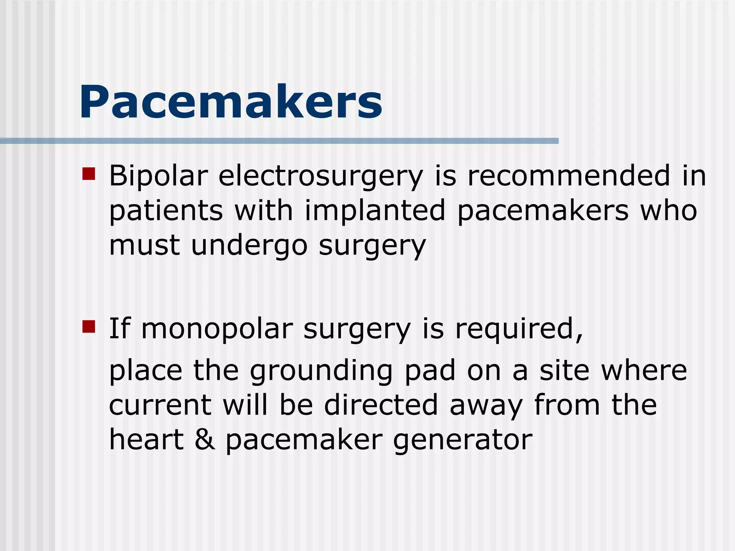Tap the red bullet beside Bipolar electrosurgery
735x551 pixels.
pyautogui.click(x=88, y=174)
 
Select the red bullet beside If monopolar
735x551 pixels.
pyautogui.click(x=88, y=326)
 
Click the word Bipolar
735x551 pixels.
pyautogui.click(x=158, y=176)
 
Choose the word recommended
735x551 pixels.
pyautogui.click(x=568, y=175)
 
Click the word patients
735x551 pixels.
pyautogui.click(x=166, y=211)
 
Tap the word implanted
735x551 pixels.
pyautogui.click(x=375, y=211)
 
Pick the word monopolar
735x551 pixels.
pyautogui.click(x=217, y=329)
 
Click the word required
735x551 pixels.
pyautogui.click(x=519, y=329)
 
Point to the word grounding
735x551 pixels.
pyautogui.click(x=321, y=371)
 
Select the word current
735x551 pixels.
pyautogui.click(x=160, y=405)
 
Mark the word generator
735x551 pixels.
pyautogui.click(x=463, y=441)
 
